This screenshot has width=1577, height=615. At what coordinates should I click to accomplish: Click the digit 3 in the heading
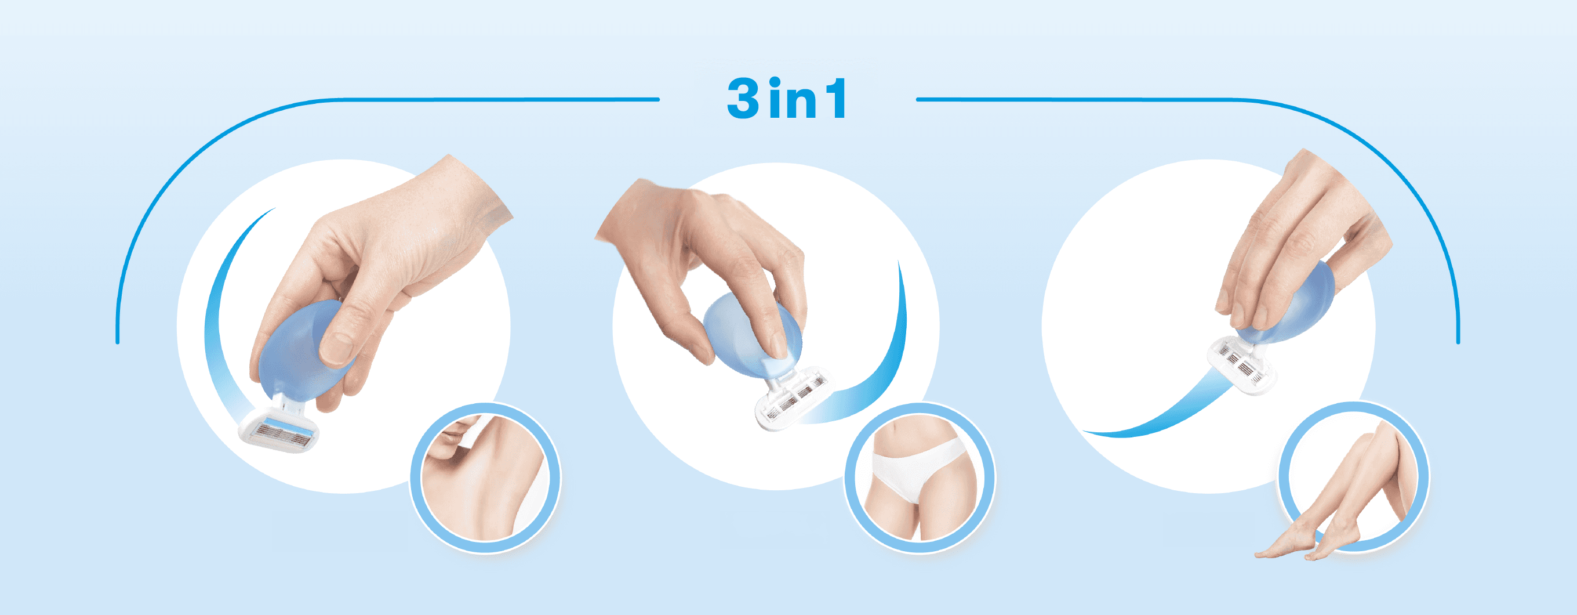pos(744,98)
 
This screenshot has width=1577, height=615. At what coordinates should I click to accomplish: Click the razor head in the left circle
pos(279,430)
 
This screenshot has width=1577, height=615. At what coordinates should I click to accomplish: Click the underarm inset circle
pos(485,478)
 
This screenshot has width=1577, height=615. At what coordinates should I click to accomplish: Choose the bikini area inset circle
pos(920,478)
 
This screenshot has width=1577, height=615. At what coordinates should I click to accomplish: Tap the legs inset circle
pos(1354,478)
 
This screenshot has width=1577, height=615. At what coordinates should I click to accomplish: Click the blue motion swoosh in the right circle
pos(1157,410)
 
